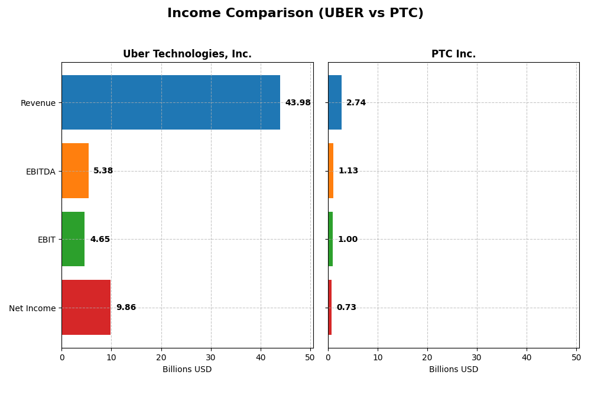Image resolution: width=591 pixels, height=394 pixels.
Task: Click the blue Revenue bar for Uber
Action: click(x=170, y=102)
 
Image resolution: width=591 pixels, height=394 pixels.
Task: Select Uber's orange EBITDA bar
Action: click(x=75, y=171)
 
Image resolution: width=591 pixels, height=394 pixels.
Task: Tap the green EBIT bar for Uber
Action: click(x=73, y=239)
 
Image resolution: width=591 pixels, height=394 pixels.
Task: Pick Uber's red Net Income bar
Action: click(x=86, y=308)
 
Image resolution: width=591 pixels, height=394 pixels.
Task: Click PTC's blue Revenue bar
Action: click(x=335, y=102)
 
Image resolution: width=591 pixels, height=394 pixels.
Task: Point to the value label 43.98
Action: click(x=297, y=103)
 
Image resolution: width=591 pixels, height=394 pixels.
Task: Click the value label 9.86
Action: click(x=126, y=308)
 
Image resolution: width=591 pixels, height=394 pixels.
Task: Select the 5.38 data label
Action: click(x=103, y=171)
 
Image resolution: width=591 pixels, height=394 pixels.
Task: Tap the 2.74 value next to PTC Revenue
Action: click(x=356, y=103)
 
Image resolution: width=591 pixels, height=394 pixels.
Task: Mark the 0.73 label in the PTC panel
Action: click(x=346, y=308)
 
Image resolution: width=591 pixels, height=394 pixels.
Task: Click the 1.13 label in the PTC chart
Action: click(x=348, y=171)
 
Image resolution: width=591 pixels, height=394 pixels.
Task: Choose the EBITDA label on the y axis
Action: click(x=40, y=172)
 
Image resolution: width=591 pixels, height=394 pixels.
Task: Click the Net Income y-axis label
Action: click(x=32, y=308)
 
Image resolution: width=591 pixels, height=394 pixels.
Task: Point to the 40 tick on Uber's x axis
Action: click(x=261, y=357)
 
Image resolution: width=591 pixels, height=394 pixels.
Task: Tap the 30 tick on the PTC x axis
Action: click(x=477, y=357)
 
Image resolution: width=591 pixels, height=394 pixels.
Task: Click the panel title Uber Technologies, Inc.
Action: click(x=187, y=54)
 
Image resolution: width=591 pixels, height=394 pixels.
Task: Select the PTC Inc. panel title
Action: click(x=453, y=54)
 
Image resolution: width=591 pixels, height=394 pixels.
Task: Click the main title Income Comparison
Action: click(x=295, y=14)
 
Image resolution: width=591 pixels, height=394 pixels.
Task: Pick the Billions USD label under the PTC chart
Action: click(x=453, y=370)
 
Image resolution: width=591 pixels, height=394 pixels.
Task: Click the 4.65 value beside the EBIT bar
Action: click(x=100, y=240)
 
